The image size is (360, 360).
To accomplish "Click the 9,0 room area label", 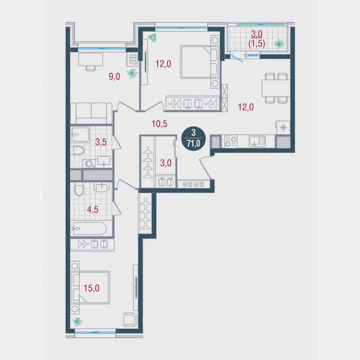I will [x=115, y=76].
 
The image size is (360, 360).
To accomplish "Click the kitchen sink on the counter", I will [x=255, y=142].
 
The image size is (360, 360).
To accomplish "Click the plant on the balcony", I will [x=279, y=42].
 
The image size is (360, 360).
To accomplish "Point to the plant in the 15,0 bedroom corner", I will [x=77, y=321].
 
